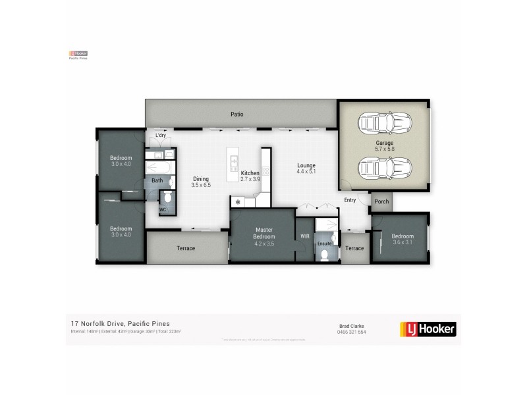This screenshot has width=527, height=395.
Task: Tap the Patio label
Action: [237, 115]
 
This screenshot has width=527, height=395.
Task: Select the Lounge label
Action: [306, 165]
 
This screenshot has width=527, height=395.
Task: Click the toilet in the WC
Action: [167, 197]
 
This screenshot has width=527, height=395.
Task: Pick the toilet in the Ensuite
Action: [324, 255]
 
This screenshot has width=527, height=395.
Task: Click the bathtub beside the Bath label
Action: [157, 168]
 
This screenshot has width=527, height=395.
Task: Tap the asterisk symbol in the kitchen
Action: [236, 201]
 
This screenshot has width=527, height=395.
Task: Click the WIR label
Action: [304, 236]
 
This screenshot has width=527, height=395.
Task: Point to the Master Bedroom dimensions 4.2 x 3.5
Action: [263, 243]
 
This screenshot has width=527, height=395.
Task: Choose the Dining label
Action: [201, 179]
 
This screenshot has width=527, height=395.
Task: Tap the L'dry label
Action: [160, 136]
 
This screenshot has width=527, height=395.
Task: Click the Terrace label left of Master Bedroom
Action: [186, 248]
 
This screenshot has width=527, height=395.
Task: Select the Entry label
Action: [350, 200]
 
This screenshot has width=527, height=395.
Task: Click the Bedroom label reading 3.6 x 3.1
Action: [402, 236]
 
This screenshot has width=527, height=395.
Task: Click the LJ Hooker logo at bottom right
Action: [428, 328]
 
